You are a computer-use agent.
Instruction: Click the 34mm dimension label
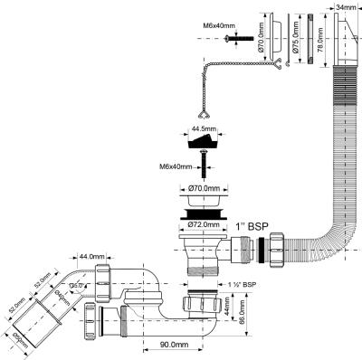click(x=346, y=8)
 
